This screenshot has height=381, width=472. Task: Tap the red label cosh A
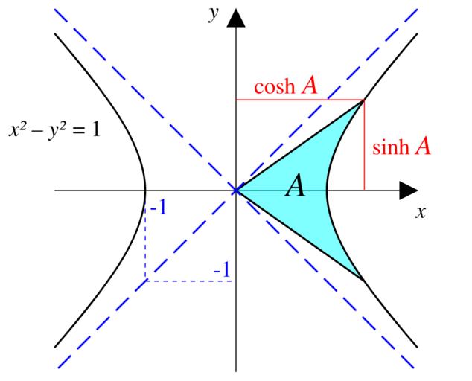[286, 86]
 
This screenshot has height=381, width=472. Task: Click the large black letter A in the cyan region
[296, 187]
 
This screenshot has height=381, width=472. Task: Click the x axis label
[421, 211]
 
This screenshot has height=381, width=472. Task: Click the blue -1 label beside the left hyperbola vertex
[158, 208]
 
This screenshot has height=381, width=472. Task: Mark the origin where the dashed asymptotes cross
[236, 190]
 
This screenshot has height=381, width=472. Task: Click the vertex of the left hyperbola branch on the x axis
[145, 190]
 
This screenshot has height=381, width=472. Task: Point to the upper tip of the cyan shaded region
[363, 101]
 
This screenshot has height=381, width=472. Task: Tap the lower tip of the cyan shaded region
[363, 280]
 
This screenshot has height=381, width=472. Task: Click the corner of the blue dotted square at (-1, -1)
[146, 281]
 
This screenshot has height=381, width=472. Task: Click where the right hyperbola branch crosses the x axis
[327, 190]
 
